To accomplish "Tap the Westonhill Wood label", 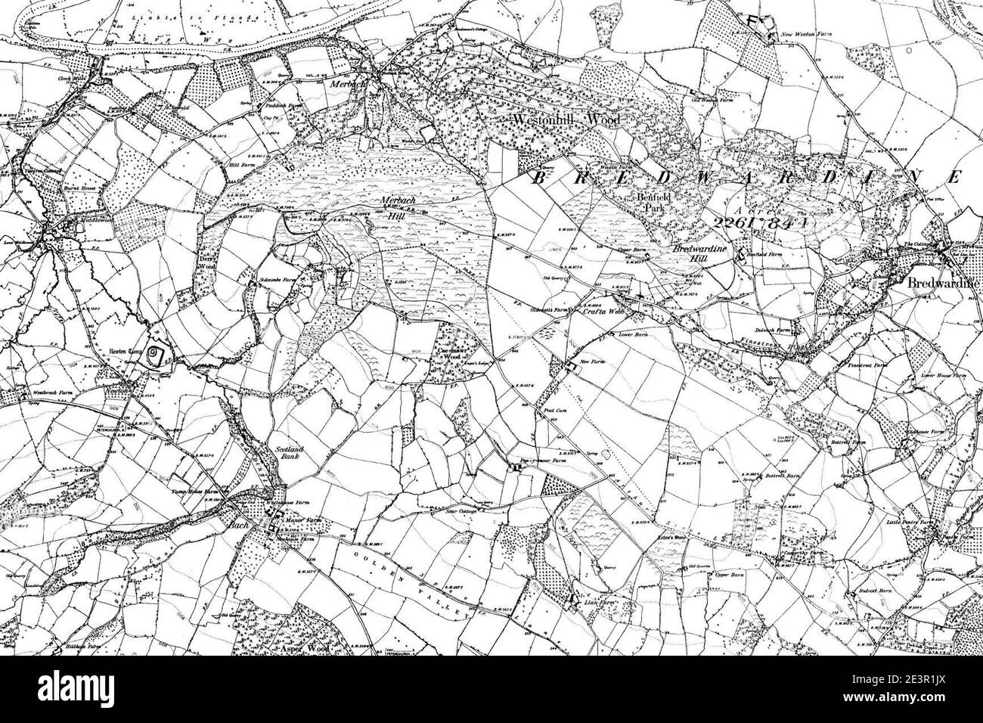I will click(566, 119).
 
